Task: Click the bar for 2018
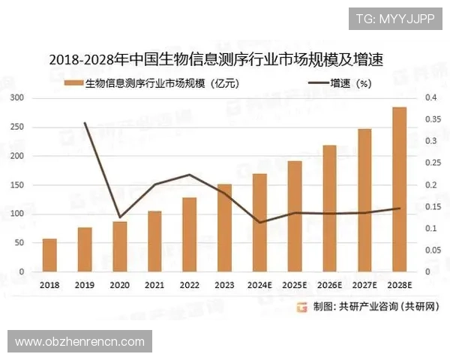click(49, 255)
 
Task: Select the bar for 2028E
click(400, 189)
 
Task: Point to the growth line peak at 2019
click(85, 123)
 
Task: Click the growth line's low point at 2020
click(120, 217)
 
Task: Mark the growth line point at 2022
click(190, 175)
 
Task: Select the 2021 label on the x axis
click(154, 286)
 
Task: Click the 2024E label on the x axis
click(259, 286)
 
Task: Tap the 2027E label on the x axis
click(364, 286)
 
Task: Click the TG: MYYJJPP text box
click(394, 18)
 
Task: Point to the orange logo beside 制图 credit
click(301, 307)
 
